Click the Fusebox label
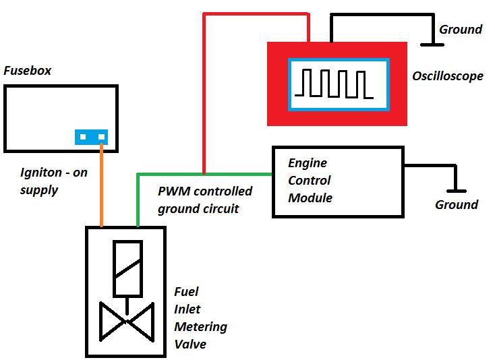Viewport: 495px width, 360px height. (x=28, y=70)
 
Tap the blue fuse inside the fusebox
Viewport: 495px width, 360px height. (x=92, y=137)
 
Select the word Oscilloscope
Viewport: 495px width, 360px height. (x=448, y=76)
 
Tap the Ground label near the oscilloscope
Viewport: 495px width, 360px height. (x=461, y=29)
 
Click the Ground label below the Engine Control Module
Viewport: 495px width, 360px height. (x=457, y=204)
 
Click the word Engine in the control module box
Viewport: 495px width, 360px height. (x=308, y=163)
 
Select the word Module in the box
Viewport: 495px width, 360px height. (x=310, y=198)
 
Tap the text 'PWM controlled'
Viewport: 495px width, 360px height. (x=205, y=192)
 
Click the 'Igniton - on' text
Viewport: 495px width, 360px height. (x=54, y=173)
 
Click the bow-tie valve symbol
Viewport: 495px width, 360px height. (x=126, y=322)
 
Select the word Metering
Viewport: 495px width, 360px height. (x=201, y=327)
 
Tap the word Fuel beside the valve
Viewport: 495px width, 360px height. (x=186, y=292)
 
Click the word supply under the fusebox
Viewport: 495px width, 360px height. (x=39, y=190)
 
